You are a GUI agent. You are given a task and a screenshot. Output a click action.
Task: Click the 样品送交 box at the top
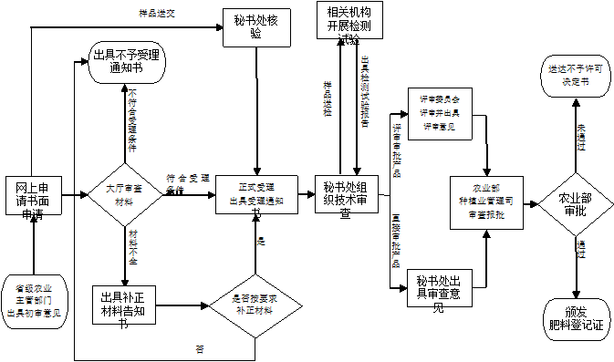pos(158,15)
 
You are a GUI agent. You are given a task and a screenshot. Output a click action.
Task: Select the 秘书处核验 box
pos(255,26)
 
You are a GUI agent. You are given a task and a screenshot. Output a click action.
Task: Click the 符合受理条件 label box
pos(189,179)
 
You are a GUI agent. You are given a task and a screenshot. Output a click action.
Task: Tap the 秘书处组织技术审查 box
pos(346,195)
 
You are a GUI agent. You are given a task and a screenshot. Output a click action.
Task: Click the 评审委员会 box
pos(440,112)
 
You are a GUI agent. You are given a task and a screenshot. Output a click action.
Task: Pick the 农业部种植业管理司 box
pos(486,202)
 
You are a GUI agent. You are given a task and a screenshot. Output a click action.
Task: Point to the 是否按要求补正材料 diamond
pos(255,305)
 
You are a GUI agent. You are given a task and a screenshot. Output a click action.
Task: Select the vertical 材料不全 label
pos(134,248)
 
